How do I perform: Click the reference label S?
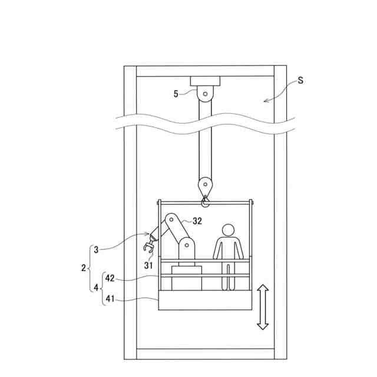(300, 81)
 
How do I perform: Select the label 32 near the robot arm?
(197, 221)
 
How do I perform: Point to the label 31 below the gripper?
(149, 265)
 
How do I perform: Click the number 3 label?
(97, 249)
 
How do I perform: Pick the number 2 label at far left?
(83, 267)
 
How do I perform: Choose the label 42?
(110, 277)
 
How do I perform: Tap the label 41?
(110, 299)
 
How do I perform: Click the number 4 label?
(97, 288)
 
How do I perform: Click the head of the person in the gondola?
(228, 229)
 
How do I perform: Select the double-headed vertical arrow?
(263, 307)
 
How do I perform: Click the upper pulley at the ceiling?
(204, 93)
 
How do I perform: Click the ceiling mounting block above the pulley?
(204, 81)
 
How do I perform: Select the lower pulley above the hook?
(205, 184)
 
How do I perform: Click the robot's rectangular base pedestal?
(186, 277)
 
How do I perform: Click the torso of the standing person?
(229, 248)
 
